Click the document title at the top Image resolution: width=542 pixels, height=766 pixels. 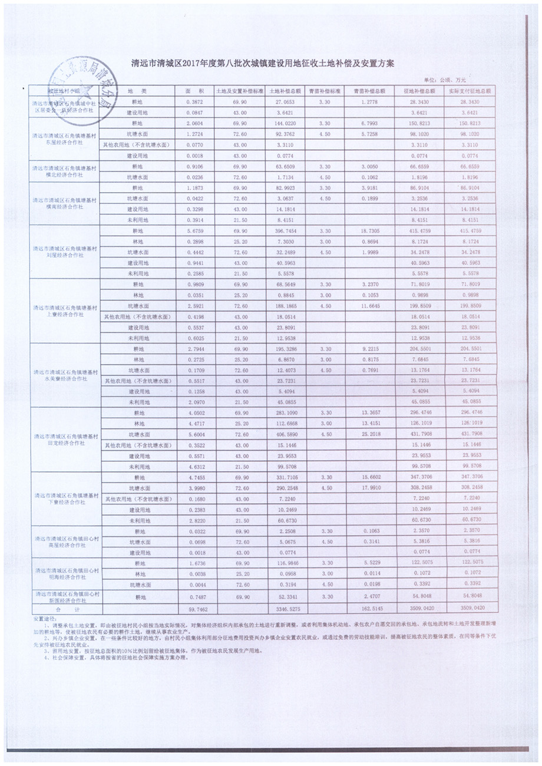click(271, 62)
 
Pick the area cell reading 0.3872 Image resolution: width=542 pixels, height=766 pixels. click(194, 102)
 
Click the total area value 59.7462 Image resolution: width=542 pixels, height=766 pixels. click(194, 607)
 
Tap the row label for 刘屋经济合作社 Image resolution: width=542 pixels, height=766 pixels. click(64, 252)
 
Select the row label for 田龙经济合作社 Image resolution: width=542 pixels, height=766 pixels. click(64, 439)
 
